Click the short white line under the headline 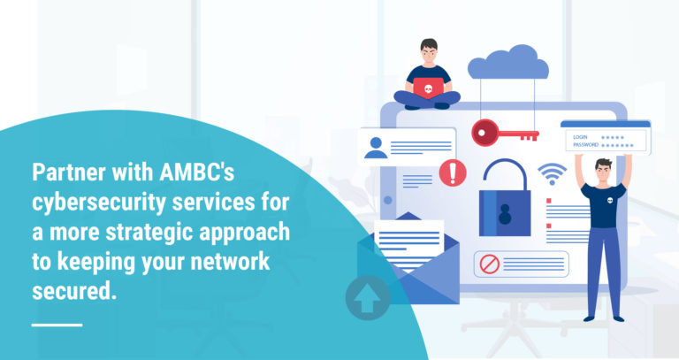coord(57,325)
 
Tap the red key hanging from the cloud coord(503,133)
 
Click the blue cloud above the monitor coord(507,64)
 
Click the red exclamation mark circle coord(452,172)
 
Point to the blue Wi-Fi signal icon coord(553,173)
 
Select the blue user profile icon coord(376,148)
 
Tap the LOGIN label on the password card coord(580,137)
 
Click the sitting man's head coord(428,50)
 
